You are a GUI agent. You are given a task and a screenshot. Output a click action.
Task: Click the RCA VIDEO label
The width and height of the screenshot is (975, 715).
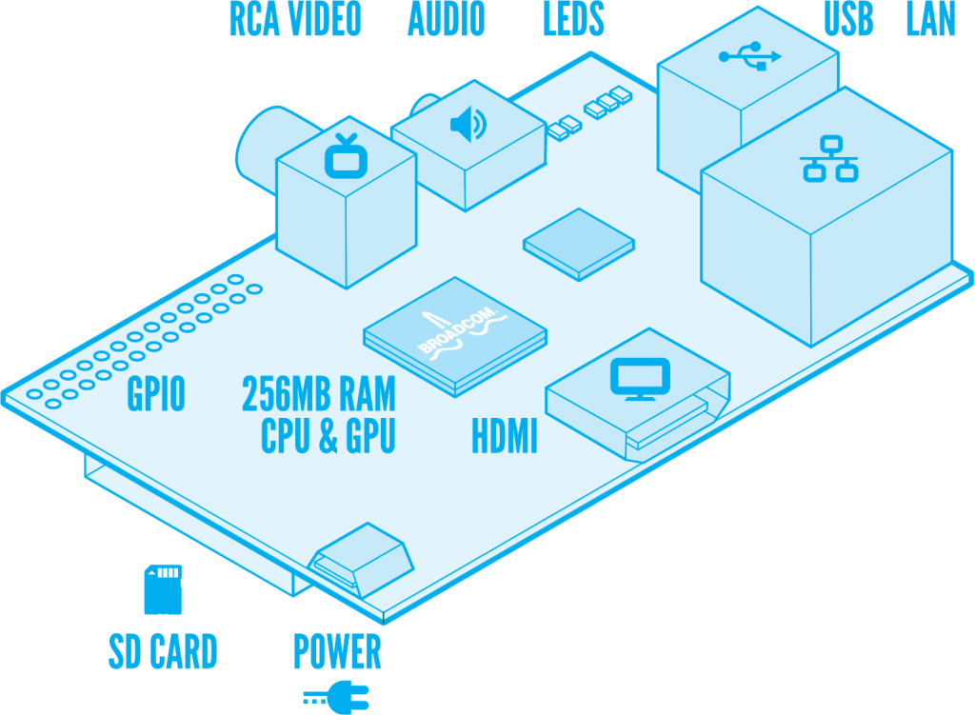tap(295, 20)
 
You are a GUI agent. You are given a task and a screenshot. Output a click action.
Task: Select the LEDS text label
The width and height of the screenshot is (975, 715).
tap(573, 20)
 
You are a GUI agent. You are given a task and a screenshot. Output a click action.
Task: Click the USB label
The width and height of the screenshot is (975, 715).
tap(848, 20)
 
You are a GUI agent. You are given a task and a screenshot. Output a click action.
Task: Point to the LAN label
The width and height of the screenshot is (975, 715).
tap(930, 20)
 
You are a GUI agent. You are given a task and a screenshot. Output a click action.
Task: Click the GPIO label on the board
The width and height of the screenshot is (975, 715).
tap(156, 394)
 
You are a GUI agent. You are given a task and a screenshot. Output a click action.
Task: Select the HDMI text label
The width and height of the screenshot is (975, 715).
tap(505, 438)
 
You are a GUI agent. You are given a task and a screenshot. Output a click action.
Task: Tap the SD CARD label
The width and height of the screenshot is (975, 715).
tap(163, 652)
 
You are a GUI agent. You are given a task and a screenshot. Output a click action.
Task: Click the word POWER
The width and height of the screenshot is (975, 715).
tap(337, 652)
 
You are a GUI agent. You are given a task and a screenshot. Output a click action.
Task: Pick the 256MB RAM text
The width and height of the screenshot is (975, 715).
tap(318, 394)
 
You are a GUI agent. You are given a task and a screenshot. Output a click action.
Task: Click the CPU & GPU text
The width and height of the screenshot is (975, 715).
tap(328, 437)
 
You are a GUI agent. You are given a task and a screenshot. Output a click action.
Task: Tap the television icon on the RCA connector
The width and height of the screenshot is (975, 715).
tap(345, 157)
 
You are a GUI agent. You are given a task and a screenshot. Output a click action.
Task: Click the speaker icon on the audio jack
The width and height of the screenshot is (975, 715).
tap(468, 125)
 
